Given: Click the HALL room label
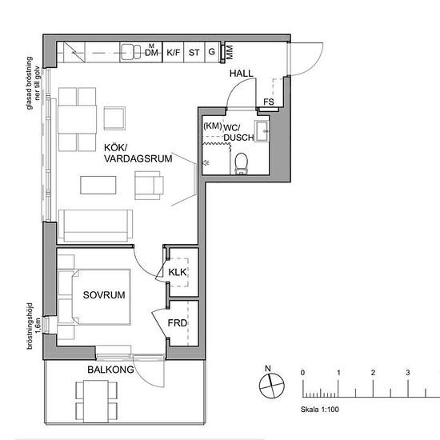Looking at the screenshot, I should coord(241,74).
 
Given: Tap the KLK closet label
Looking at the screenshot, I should coord(177,273).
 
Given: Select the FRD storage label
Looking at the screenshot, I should coord(178,323).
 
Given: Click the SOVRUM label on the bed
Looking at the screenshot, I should coord(104,295).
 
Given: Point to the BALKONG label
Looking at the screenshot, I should coord(110,370).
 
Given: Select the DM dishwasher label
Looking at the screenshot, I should coord(150,54).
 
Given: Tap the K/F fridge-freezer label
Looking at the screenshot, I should coord(174,54).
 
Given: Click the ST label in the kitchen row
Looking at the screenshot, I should coord(194,54).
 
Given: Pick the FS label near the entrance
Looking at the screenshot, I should coord(269,102).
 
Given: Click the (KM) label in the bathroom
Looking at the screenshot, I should coord(212,126).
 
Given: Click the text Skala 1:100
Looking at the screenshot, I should coord(321,409).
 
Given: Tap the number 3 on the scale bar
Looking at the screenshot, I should coord(408,374).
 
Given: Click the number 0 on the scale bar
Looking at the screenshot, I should coord(303,374).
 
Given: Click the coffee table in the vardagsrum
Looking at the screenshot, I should coord(98,186).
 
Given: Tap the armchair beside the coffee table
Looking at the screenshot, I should coord(148,186).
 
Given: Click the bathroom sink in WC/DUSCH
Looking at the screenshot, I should coord(263,130).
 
